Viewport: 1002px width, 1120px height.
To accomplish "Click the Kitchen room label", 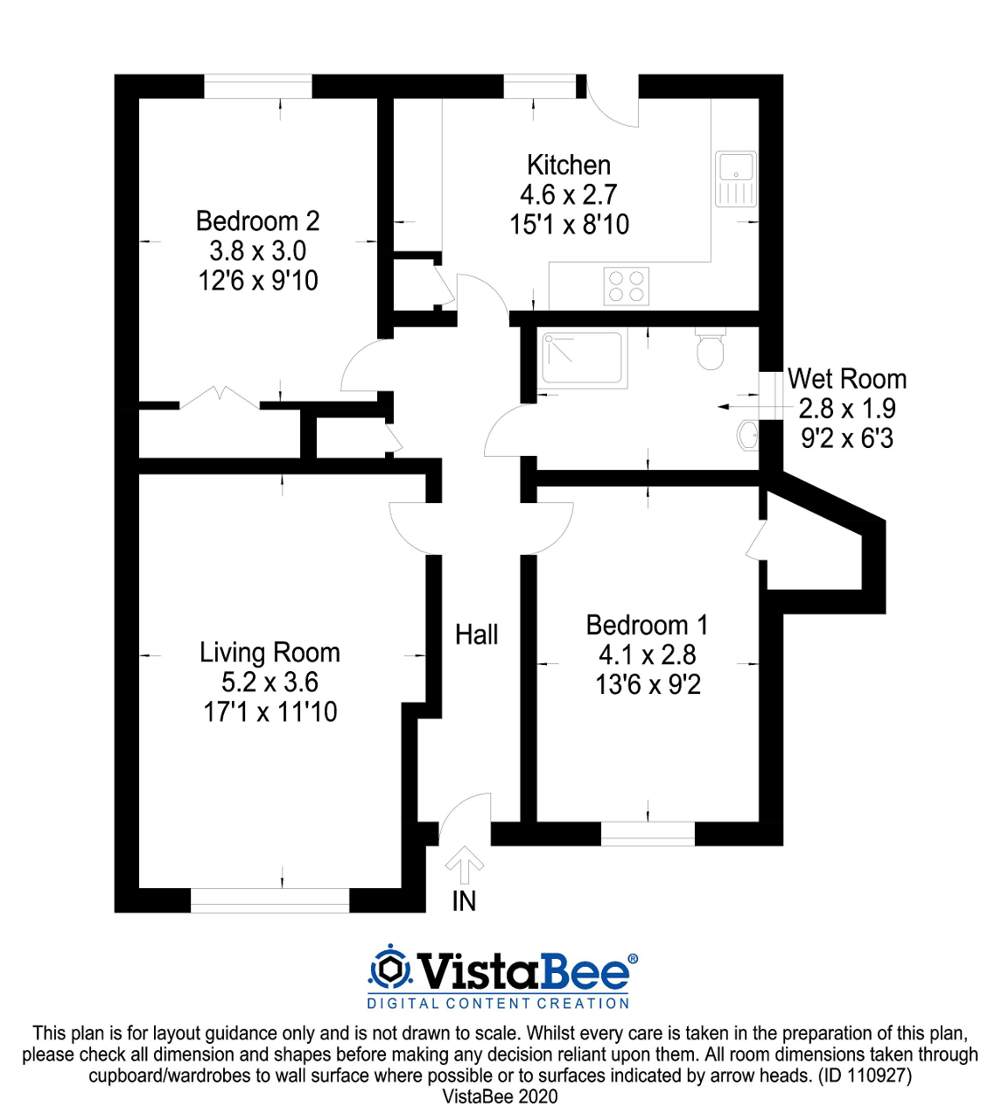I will [569, 165].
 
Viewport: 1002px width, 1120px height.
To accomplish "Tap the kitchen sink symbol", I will [736, 178].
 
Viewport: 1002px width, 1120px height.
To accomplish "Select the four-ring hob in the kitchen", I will [627, 286].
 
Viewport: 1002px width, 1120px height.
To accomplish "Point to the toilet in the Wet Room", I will [710, 349].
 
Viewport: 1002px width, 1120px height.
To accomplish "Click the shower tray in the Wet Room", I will [584, 359].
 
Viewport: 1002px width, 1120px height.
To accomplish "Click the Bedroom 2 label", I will [257, 221].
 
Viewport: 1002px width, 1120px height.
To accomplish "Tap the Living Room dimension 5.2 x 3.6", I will [270, 682].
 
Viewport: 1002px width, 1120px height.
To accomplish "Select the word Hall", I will [477, 634].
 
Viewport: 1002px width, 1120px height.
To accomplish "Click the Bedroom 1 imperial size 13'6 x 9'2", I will [648, 684].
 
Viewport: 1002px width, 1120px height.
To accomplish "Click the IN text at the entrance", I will [464, 901].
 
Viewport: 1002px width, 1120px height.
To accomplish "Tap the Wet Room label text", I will [846, 379].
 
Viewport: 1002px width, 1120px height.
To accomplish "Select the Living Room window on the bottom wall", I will [270, 900].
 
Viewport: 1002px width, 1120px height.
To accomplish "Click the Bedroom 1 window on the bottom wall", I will [648, 833].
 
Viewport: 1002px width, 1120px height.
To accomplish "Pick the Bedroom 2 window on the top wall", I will [258, 87].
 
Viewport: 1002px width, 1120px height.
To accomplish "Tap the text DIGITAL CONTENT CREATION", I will [498, 1004].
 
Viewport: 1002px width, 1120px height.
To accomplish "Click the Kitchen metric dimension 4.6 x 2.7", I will [569, 194].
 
